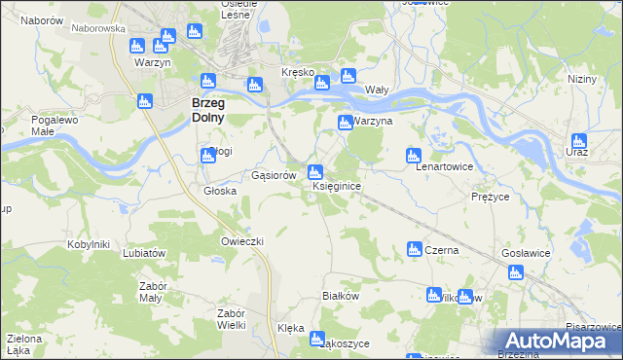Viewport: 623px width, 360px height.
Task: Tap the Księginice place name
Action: pyautogui.click(x=338, y=186)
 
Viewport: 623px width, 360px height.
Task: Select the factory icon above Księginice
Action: pyautogui.click(x=314, y=172)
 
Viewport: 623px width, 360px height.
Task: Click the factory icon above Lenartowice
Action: pyautogui.click(x=414, y=155)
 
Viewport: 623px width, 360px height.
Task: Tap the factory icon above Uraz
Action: pyautogui.click(x=579, y=140)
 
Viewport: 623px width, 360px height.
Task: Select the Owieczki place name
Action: pyautogui.click(x=242, y=240)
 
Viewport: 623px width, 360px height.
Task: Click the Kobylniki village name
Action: pyautogui.click(x=91, y=244)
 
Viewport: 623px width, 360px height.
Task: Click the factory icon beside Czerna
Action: pyautogui.click(x=413, y=250)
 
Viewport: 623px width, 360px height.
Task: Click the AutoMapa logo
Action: pyautogui.click(x=559, y=340)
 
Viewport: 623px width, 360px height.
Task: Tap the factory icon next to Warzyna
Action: pyautogui.click(x=345, y=123)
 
